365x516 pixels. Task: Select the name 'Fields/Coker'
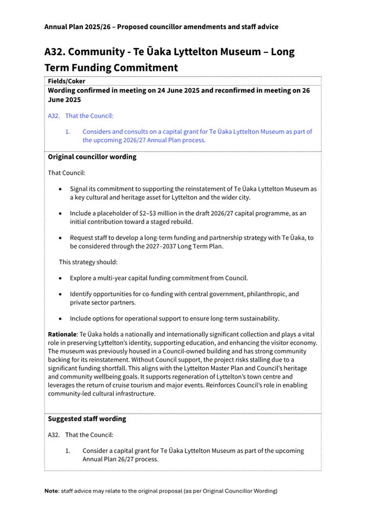point(67,81)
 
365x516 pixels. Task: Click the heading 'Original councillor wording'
point(92,157)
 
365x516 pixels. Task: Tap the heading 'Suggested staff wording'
point(87,418)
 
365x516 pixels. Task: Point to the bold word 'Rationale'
point(63,335)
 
